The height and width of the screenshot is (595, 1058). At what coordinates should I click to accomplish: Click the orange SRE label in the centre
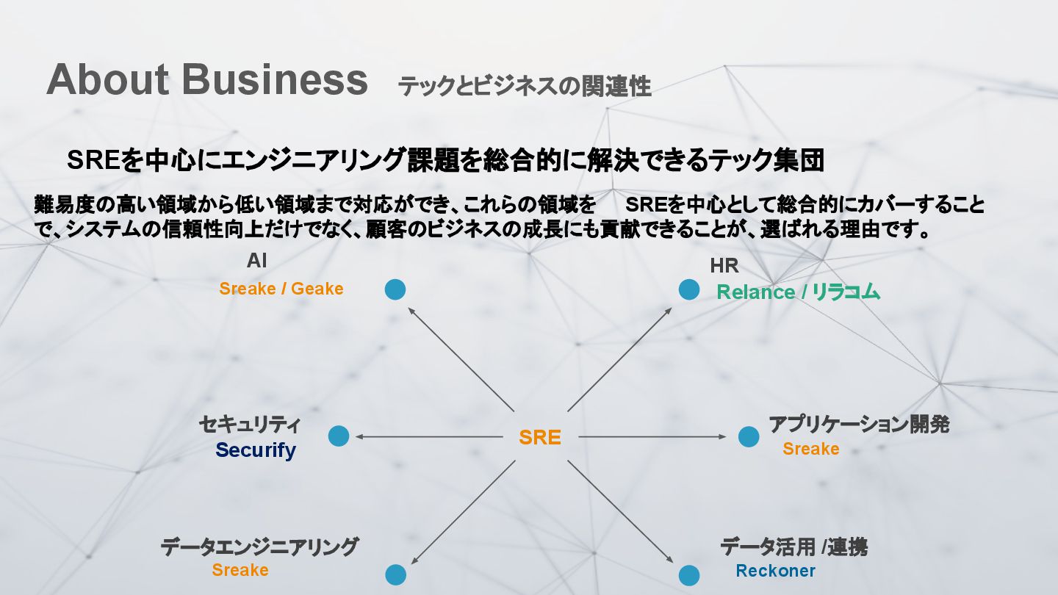540,438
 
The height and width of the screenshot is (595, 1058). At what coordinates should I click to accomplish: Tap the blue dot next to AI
395,289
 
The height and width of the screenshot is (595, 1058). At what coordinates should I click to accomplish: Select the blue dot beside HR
689,289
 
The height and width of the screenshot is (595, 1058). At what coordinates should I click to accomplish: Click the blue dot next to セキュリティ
339,436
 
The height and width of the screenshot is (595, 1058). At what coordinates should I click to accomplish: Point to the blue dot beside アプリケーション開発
749,436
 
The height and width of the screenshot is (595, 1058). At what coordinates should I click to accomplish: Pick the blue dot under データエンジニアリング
395,574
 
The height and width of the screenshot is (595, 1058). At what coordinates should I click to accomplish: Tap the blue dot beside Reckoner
689,575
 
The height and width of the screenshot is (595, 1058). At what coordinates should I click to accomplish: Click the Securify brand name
256,450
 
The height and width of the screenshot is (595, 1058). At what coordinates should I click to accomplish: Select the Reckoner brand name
775,571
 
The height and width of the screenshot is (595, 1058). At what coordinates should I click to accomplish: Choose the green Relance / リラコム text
798,292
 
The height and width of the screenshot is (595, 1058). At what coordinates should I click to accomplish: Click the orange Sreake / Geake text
281,289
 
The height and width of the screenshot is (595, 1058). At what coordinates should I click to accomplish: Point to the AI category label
257,261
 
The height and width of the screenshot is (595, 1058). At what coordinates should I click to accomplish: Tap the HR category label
724,265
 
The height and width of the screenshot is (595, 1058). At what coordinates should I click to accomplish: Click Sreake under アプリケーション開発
810,449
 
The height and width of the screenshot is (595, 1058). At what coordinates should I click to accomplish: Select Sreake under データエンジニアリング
240,570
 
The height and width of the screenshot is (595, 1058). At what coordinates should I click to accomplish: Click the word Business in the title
275,79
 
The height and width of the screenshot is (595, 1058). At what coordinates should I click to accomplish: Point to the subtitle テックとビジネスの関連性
524,87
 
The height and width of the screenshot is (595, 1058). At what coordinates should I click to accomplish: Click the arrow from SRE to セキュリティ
430,437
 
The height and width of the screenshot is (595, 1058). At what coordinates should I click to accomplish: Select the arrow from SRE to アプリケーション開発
652,437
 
